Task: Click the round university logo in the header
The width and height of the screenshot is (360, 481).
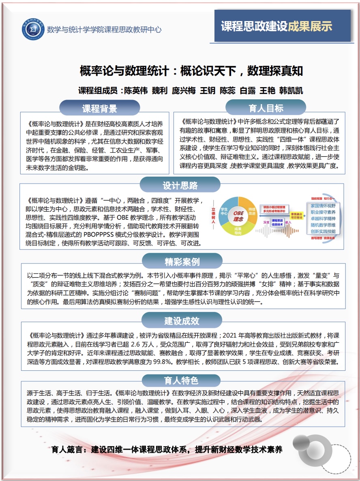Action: (33, 29)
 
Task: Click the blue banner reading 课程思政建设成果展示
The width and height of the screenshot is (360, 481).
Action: (283, 26)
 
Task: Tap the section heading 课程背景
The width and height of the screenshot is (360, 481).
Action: (100, 108)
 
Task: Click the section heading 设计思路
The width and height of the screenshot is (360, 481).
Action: (180, 186)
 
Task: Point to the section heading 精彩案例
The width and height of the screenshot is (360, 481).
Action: (182, 262)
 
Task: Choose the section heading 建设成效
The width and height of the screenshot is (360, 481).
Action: (182, 321)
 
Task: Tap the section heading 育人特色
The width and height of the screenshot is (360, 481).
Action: (181, 381)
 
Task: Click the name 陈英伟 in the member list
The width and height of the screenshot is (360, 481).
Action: (136, 90)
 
